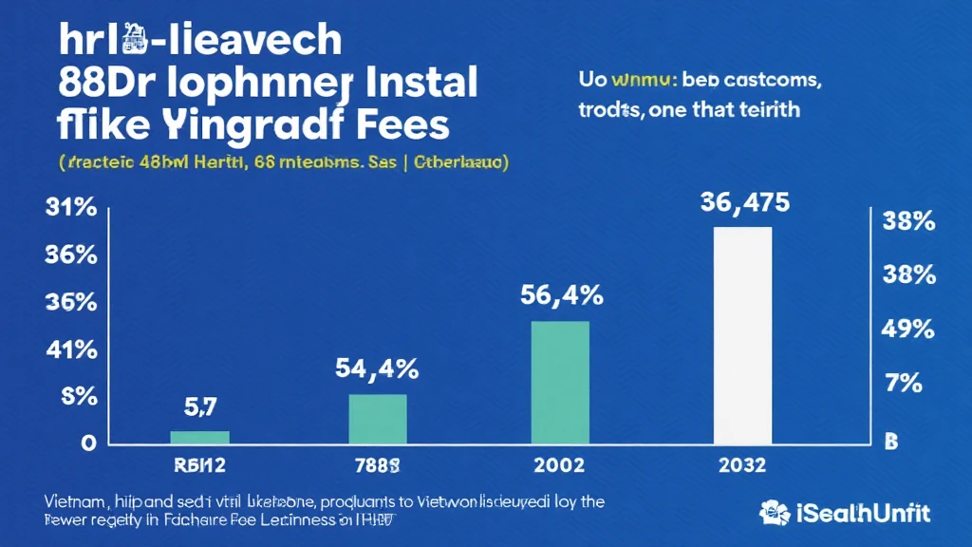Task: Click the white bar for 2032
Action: (742, 335)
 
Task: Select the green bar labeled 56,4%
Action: (560, 382)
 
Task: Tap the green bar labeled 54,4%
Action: (378, 419)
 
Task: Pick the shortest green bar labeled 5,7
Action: (199, 437)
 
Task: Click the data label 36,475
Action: (742, 202)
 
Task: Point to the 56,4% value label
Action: (561, 295)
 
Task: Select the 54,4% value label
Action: (378, 368)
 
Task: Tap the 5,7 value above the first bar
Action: (199, 408)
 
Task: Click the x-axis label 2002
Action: (560, 466)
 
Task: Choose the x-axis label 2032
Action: (742, 466)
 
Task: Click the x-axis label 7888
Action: (377, 466)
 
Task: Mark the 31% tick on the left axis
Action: (70, 209)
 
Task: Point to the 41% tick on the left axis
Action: (70, 349)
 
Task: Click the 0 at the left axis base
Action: (87, 443)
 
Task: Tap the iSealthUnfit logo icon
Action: (775, 513)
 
